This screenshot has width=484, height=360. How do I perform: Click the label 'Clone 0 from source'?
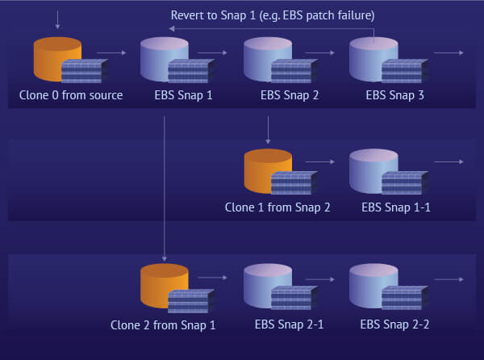[x=71, y=95]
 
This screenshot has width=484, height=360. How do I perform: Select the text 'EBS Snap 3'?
[x=394, y=95]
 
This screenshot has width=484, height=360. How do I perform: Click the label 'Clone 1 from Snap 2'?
[x=277, y=207]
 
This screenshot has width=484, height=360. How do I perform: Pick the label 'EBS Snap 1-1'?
[x=395, y=207]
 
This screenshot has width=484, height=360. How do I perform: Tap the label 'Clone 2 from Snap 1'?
[x=163, y=325]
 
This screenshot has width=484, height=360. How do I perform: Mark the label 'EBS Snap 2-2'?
[x=394, y=325]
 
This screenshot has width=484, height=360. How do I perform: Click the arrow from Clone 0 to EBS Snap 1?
[x=116, y=53]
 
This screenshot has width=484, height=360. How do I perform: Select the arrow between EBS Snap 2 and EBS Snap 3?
[x=320, y=53]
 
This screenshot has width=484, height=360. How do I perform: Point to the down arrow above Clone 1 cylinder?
[x=268, y=128]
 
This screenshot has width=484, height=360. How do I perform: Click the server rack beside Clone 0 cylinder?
[x=86, y=70]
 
